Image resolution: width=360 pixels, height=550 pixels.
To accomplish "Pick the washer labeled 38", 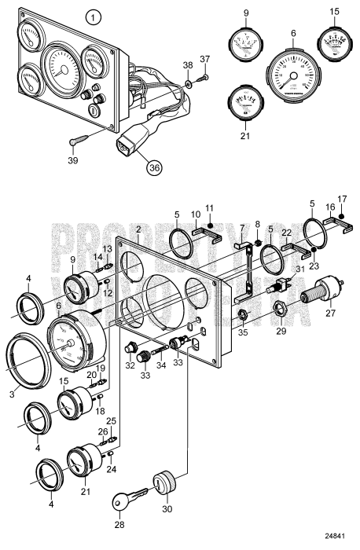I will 189,82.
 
